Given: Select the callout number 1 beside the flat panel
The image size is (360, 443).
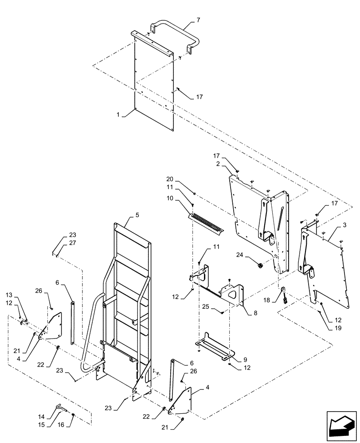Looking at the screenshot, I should pos(119,114).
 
